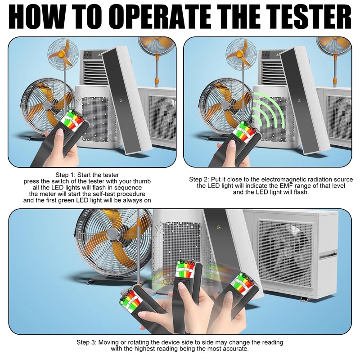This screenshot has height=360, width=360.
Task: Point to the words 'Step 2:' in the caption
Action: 200,179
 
